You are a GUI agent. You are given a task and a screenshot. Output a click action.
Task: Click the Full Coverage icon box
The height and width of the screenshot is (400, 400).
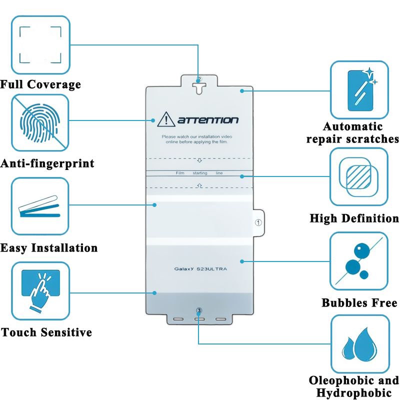coord(40,44)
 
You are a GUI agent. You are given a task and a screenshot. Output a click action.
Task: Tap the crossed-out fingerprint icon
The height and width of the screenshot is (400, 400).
coord(40,123)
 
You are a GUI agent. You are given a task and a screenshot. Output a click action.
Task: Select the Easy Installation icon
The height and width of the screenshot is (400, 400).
coord(40,206)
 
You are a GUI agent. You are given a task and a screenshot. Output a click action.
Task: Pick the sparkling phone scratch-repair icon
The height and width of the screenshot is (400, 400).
coord(359,89)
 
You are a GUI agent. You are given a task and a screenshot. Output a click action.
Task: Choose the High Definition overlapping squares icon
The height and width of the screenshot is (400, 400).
coord(359,176)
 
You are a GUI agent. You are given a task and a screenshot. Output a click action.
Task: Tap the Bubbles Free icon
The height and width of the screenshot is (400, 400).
coord(359,261)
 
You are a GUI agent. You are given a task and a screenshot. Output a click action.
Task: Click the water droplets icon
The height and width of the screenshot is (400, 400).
coord(359,344)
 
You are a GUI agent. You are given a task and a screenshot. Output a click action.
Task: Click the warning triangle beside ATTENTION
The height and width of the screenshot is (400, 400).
coord(165,119)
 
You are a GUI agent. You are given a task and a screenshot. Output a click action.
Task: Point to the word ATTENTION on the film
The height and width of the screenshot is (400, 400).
coord(208,120)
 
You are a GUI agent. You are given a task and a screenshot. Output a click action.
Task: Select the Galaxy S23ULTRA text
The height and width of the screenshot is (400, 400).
coord(200,269)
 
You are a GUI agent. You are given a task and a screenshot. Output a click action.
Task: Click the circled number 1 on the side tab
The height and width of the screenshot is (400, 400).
coord(258,222)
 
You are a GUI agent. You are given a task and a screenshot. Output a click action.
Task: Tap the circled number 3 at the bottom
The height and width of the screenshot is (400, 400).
coord(199,310)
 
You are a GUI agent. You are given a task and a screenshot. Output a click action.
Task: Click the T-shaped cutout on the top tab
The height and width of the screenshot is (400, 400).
coord(199,87)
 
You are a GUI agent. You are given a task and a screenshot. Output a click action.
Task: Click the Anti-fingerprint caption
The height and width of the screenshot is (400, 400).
coord(47,163)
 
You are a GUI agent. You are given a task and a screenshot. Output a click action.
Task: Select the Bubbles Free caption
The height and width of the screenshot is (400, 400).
coord(359,303)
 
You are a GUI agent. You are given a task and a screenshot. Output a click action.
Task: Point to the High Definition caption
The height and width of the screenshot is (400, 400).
coord(354,218)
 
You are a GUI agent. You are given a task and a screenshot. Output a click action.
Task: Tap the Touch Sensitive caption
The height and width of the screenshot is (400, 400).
coord(46,332)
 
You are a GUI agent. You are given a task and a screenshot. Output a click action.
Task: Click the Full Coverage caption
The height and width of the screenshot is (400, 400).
coord(40,84)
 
